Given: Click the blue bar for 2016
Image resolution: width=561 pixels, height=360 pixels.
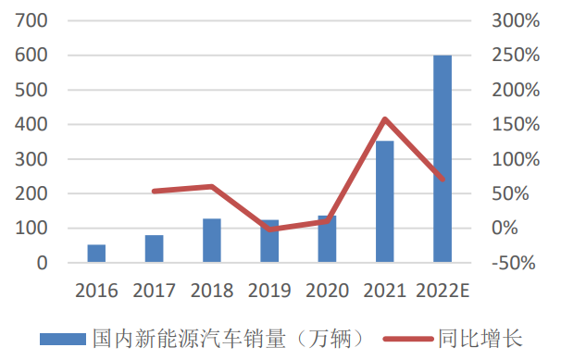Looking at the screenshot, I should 96,254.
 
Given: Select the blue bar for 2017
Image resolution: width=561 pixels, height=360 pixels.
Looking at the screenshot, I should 154,249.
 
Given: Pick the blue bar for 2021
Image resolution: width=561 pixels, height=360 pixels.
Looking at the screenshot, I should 384,202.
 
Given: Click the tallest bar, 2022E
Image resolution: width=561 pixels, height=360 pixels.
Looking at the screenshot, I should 443,159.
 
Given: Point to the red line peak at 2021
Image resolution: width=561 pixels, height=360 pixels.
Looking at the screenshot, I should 384,118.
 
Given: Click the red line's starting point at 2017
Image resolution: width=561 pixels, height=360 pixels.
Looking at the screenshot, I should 154,192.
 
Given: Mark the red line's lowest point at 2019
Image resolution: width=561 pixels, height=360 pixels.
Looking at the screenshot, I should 269,229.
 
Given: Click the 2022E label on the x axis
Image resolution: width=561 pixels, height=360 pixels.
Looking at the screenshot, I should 443,291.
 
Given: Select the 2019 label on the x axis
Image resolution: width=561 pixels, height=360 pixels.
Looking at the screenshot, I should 269,291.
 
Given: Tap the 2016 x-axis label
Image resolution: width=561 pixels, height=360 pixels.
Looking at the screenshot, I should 96,291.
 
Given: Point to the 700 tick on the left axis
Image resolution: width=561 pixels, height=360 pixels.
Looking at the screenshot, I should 31,21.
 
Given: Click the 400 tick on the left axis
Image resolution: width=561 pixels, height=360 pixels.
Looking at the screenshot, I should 31,125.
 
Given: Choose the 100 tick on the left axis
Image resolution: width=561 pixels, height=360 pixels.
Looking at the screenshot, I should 31,229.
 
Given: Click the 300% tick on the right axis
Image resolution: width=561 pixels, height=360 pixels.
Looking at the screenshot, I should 514,21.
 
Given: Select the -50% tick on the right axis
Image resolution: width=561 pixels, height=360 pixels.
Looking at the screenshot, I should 514,263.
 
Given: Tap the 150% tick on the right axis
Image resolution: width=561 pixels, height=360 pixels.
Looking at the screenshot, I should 514,125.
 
